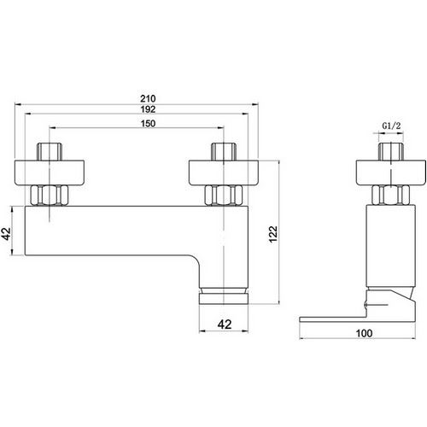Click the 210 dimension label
pyautogui.click(x=148, y=98)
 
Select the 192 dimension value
pyautogui.click(x=148, y=109)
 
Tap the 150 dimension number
pyautogui.click(x=148, y=124)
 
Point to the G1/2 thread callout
pyautogui.click(x=391, y=126)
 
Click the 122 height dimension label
pyautogui.click(x=273, y=234)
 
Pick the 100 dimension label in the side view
pyautogui.click(x=364, y=333)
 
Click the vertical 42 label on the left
pyautogui.click(x=7, y=234)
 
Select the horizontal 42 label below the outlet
pyautogui.click(x=225, y=325)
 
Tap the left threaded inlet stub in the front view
pyautogui.click(x=50, y=152)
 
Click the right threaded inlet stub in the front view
pyautogui.click(x=224, y=152)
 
